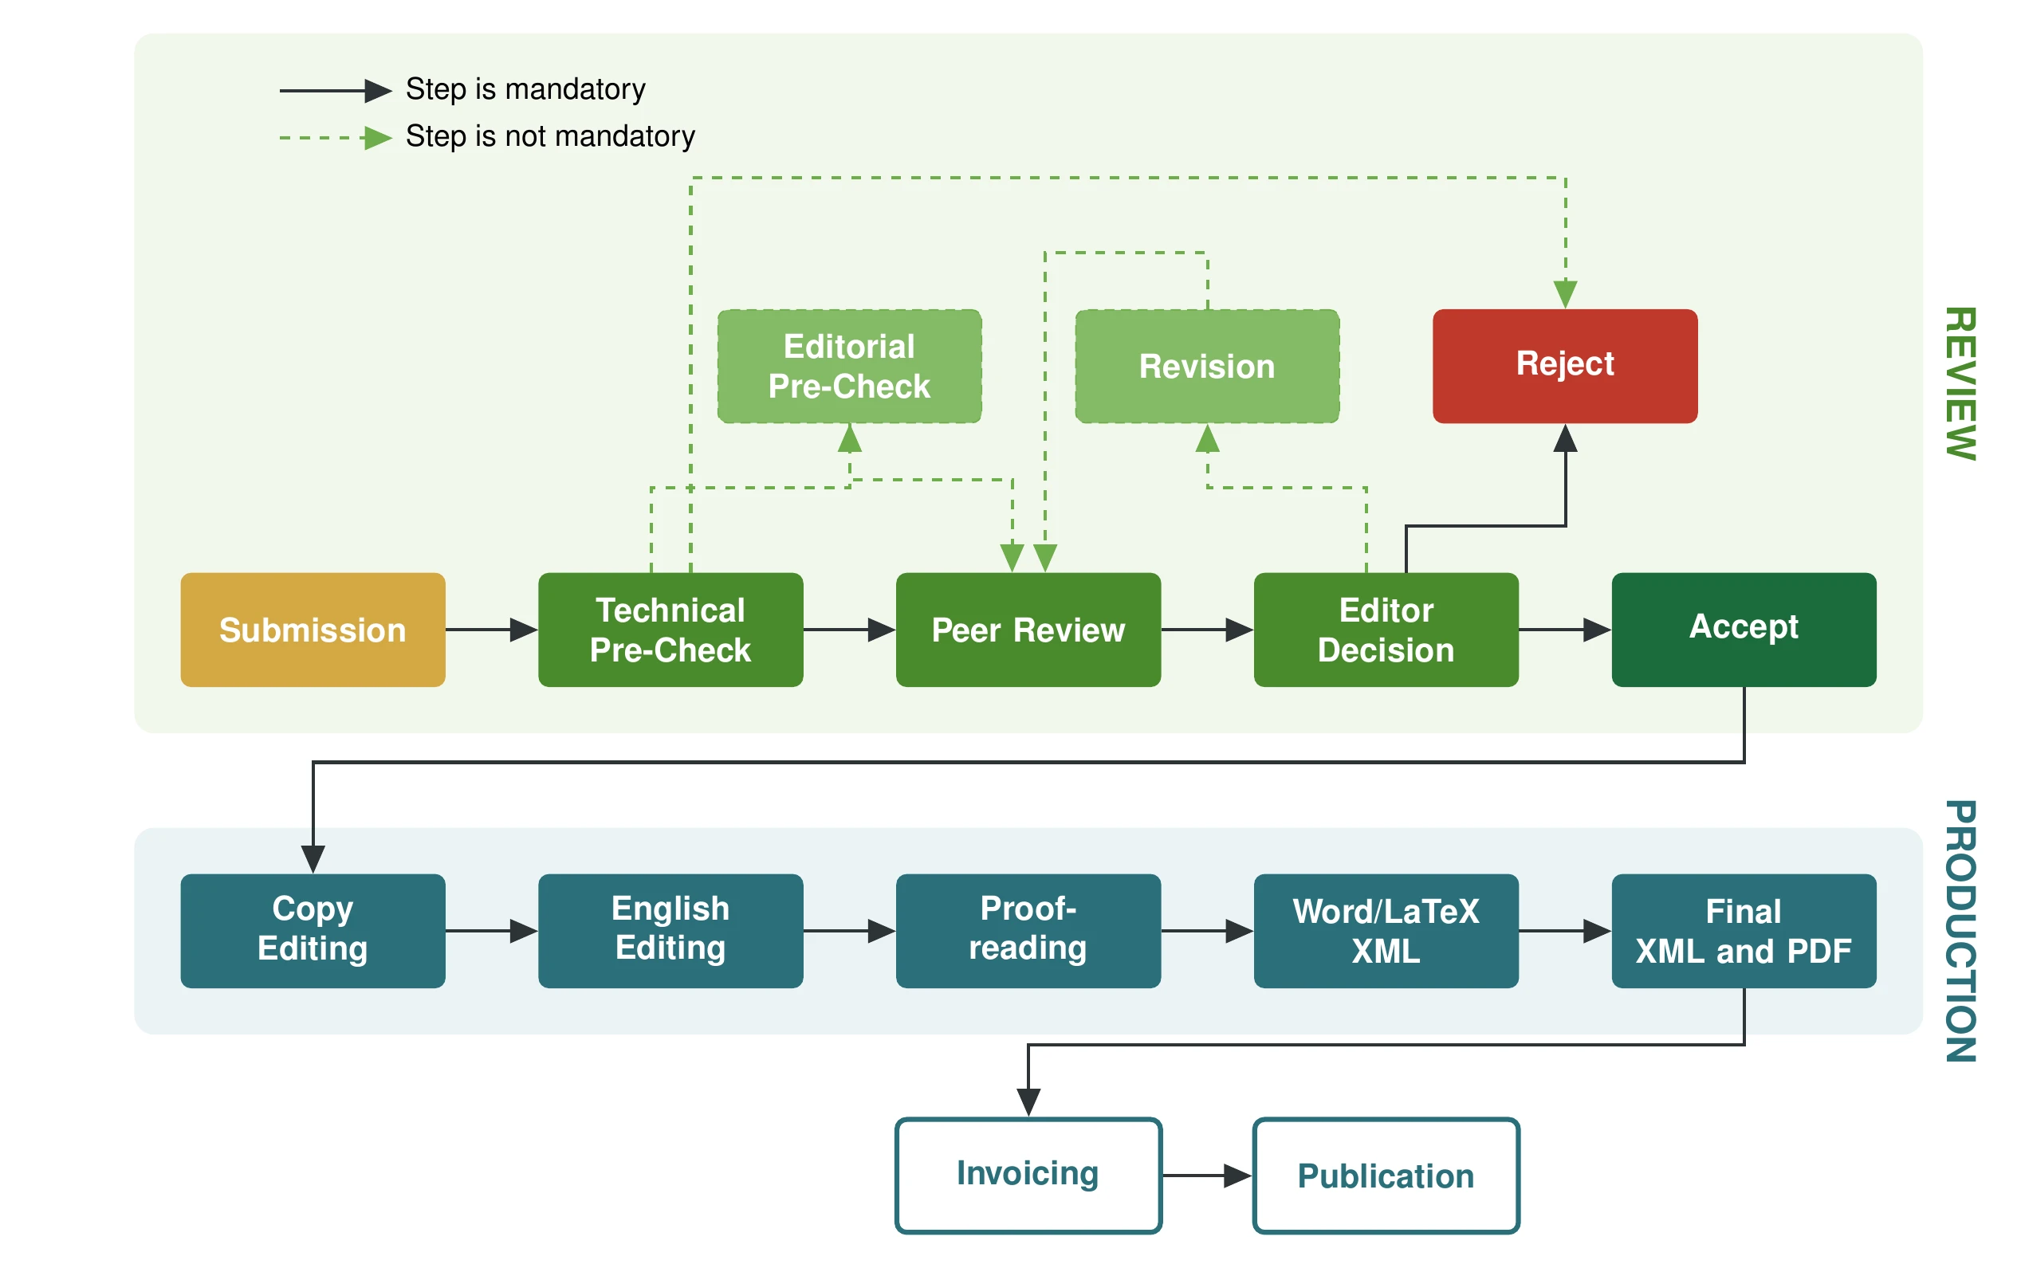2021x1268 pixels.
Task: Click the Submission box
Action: [x=312, y=629]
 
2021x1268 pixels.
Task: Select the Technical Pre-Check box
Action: [x=670, y=629]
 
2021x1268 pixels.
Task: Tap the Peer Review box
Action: [x=1027, y=629]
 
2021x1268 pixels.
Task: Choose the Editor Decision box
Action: [x=1385, y=629]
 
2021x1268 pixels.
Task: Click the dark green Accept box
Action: [x=1743, y=629]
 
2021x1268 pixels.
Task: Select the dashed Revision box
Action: [x=1206, y=366]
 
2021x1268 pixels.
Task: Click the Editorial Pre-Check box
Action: [x=848, y=366]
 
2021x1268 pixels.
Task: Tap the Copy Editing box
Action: [x=312, y=930]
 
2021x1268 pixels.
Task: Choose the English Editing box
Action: [x=670, y=930]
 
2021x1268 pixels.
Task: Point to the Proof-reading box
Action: [x=1027, y=930]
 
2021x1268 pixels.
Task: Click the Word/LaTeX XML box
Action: [x=1385, y=930]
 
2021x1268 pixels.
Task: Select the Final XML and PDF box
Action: [x=1743, y=930]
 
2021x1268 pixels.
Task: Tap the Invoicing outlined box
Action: [x=1027, y=1174]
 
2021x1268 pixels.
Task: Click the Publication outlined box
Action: [x=1385, y=1174]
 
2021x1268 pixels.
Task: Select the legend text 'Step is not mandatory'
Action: [x=549, y=135]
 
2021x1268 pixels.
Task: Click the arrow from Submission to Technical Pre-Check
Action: [x=491, y=629]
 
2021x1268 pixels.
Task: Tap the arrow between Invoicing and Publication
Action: [x=1205, y=1175]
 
